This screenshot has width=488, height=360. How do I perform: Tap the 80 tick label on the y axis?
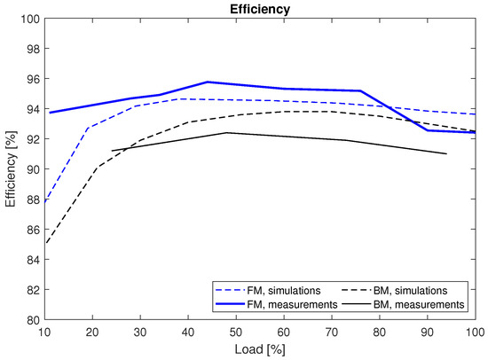pyautogui.click(x=28, y=319)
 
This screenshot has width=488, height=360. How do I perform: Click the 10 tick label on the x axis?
pyautogui.click(x=43, y=331)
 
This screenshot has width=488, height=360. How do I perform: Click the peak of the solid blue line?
pyautogui.click(x=207, y=82)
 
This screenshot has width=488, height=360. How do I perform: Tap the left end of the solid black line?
pyautogui.click(x=111, y=151)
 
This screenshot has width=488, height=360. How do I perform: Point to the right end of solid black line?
pyautogui.click(x=446, y=154)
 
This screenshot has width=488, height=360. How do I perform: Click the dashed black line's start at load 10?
pyautogui.click(x=43, y=243)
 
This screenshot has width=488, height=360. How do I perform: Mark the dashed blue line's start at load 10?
pyautogui.click(x=43, y=203)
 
